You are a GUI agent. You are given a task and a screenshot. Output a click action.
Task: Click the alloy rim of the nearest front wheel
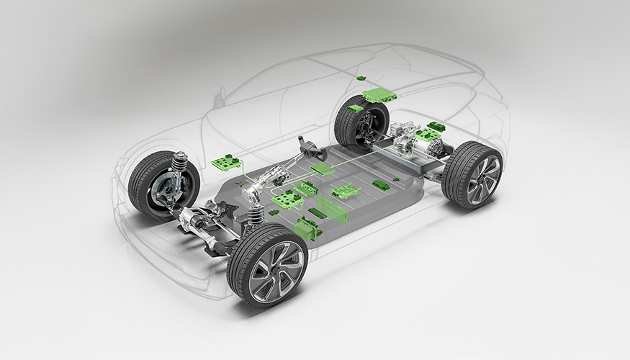(x=276, y=271)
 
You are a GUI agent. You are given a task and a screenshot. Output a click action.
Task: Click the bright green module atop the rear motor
(x=428, y=135)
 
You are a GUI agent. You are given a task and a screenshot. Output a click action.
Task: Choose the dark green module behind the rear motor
(x=436, y=127)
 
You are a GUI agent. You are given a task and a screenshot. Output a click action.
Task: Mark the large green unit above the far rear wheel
(x=380, y=95)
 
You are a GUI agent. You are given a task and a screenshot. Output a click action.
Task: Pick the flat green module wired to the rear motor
(x=322, y=168)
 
